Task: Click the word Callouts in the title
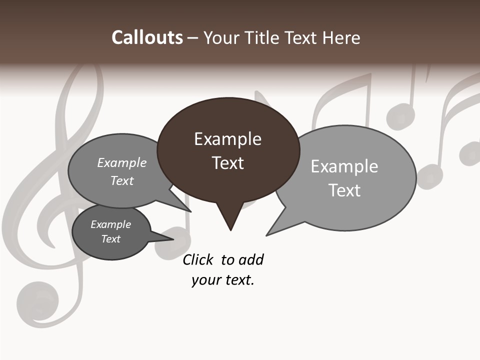tap(147, 37)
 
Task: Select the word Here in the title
tap(342, 37)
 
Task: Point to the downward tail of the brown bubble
tap(230, 220)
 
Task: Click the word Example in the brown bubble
tap(227, 139)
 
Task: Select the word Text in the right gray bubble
tap(344, 190)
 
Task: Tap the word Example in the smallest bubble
tap(110, 224)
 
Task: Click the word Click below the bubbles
tap(197, 259)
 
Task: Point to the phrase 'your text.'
tap(222, 280)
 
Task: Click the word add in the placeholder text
tap(251, 259)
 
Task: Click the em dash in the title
tap(192, 37)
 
